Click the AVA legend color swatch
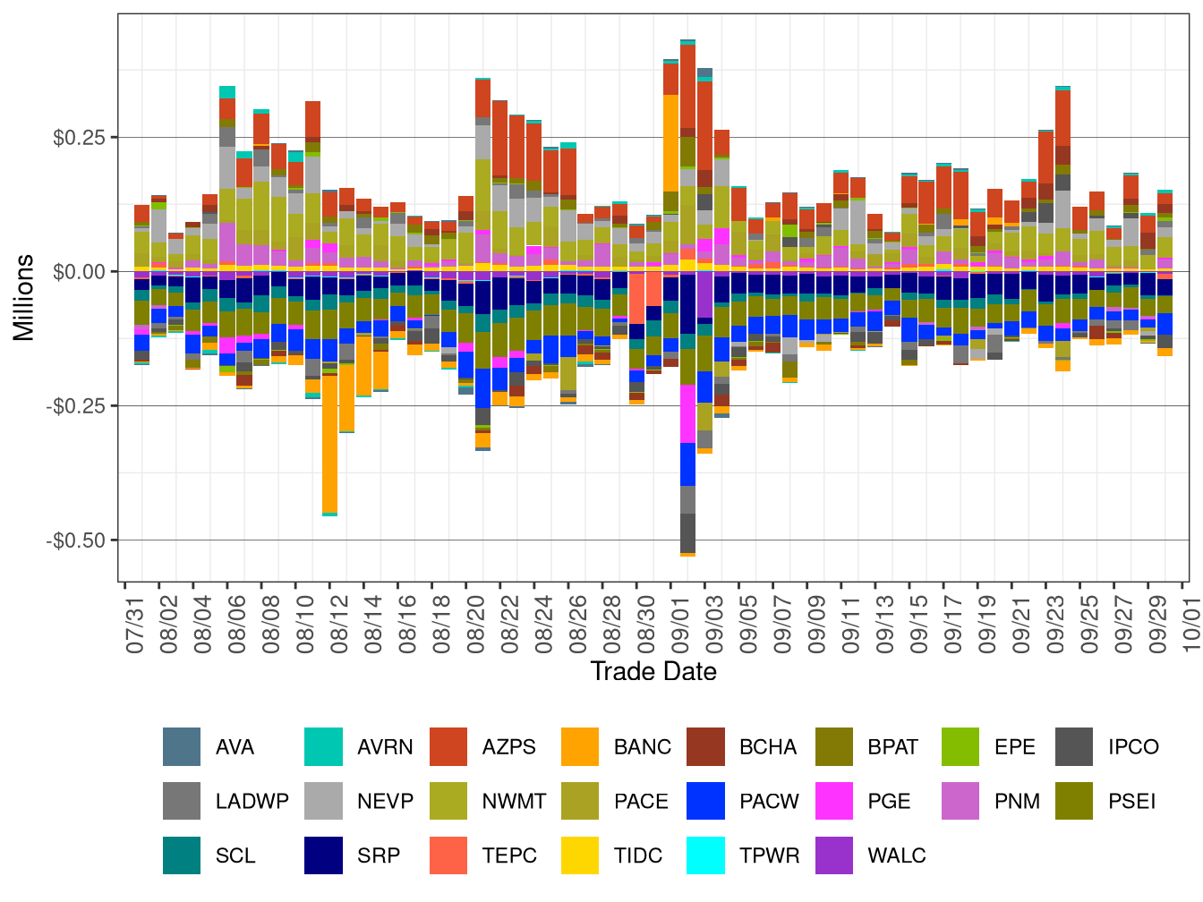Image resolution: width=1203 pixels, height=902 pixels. point(182,747)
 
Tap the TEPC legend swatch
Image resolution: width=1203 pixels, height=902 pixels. point(448,855)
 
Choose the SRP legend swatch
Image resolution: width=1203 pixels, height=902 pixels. point(323,855)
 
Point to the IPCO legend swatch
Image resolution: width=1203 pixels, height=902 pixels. point(1074,747)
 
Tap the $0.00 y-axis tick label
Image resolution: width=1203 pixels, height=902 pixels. point(79,272)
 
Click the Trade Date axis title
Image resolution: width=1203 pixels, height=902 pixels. point(653,672)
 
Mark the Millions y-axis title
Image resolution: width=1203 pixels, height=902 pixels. point(24,298)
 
